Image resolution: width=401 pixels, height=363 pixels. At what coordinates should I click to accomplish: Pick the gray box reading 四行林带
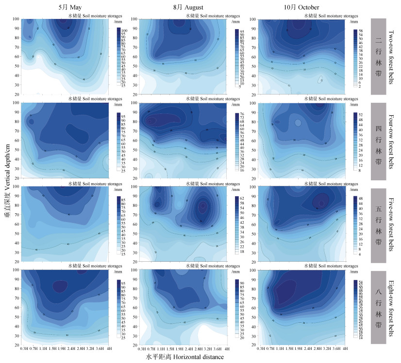(x=379, y=141)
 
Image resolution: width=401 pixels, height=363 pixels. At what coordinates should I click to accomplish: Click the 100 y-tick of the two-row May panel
(x=16, y=19)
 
